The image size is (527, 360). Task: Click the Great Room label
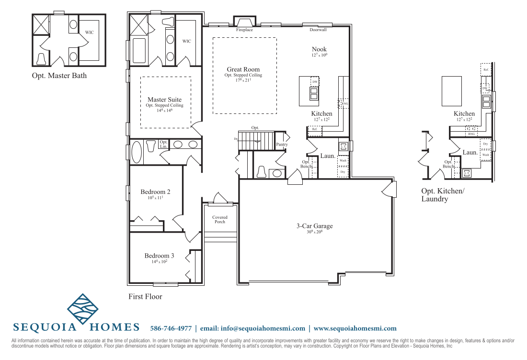243,69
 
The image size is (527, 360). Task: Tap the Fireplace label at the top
244,30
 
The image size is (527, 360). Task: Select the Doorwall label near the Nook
318,30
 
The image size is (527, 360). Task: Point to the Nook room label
319,49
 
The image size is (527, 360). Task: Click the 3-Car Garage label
314,226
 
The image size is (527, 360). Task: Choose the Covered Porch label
220,220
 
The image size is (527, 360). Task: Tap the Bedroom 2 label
155,192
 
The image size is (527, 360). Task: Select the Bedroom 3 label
159,256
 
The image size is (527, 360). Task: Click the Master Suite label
164,100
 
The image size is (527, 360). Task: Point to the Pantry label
282,144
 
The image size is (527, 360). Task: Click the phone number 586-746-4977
171,328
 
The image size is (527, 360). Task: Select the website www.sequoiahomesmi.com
355,328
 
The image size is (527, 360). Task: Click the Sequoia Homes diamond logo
82,309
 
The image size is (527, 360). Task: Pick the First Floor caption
145,297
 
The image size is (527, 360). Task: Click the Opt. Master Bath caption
59,76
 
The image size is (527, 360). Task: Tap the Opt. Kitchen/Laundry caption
443,195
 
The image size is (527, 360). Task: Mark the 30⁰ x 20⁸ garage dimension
314,232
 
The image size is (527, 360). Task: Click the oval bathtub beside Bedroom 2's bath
137,152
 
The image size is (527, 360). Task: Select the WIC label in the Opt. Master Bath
89,33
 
